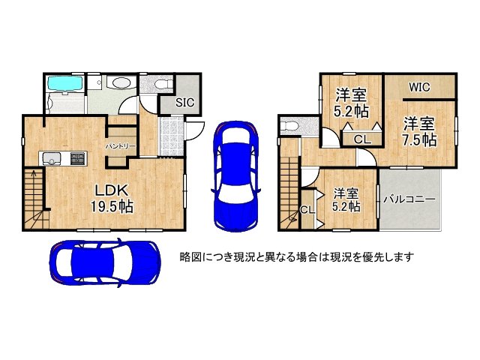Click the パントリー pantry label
tap(120, 145)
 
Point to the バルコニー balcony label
tap(409, 200)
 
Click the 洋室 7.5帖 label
tap(418, 130)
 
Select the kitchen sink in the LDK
tap(52, 158)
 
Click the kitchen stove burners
tap(78, 158)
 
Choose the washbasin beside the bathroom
tap(119, 85)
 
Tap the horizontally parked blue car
tap(104, 263)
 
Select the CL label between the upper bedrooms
tap(361, 139)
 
